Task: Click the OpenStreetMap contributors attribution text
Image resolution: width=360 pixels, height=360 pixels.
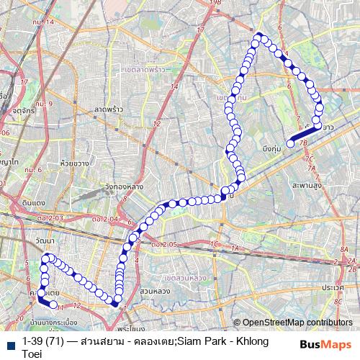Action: [297, 323]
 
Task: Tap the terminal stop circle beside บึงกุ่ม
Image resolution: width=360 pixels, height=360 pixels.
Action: [290, 144]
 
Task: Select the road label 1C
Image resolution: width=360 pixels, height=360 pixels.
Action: [214, 245]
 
